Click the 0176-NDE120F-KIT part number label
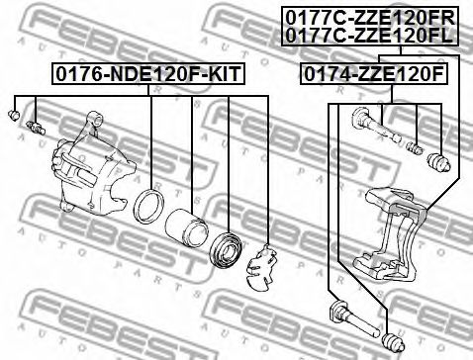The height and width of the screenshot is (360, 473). click(147, 74)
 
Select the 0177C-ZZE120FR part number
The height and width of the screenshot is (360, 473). click(368, 17)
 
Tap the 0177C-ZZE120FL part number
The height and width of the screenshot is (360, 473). click(368, 34)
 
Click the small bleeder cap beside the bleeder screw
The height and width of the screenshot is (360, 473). click(15, 118)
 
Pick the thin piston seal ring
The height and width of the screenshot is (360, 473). click(151, 207)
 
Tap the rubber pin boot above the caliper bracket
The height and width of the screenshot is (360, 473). click(436, 159)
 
